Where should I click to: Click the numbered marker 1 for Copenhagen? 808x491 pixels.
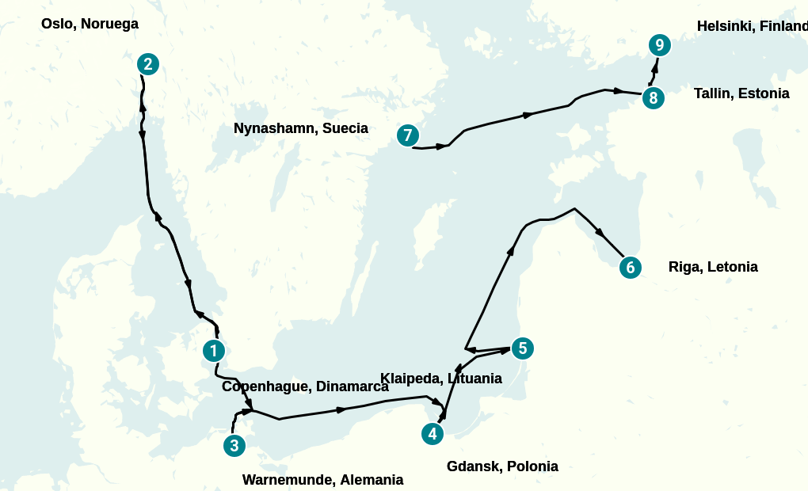(x=214, y=350)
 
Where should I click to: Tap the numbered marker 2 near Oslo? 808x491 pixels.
(x=148, y=64)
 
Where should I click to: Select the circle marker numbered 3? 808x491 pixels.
(x=234, y=446)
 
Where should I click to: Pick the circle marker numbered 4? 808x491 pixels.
(x=432, y=434)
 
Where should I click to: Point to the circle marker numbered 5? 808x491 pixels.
(x=522, y=348)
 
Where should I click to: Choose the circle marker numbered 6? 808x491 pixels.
(x=630, y=268)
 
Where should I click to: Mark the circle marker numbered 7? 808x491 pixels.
(x=407, y=135)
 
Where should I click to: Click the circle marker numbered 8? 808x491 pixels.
(x=653, y=98)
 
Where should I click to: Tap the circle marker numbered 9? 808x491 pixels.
(x=659, y=45)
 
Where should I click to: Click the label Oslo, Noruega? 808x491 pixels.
(x=90, y=24)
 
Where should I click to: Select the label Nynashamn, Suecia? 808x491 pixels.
(x=301, y=128)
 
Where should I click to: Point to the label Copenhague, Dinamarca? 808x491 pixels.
(x=305, y=386)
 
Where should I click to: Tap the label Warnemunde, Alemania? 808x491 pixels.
(x=322, y=480)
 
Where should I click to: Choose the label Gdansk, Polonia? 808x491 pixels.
(x=502, y=466)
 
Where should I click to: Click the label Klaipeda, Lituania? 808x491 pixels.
(x=441, y=379)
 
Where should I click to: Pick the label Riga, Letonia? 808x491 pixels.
(x=713, y=267)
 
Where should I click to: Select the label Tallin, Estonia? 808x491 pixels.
(x=741, y=93)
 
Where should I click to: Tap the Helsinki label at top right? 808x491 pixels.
(x=751, y=26)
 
